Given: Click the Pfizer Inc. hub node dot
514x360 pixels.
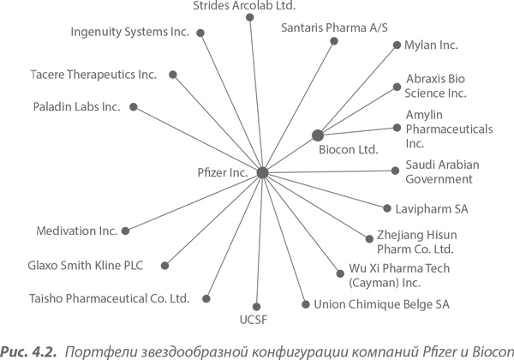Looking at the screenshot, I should [262, 172].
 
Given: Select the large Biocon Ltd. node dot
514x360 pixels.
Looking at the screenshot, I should [318, 135].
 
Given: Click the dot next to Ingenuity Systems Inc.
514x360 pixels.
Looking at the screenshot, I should [200, 33].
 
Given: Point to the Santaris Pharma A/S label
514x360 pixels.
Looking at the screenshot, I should [327, 27].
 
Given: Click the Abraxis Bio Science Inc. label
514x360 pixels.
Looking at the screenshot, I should [436, 84].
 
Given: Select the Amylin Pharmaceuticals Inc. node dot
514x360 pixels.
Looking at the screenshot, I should [397, 128].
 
